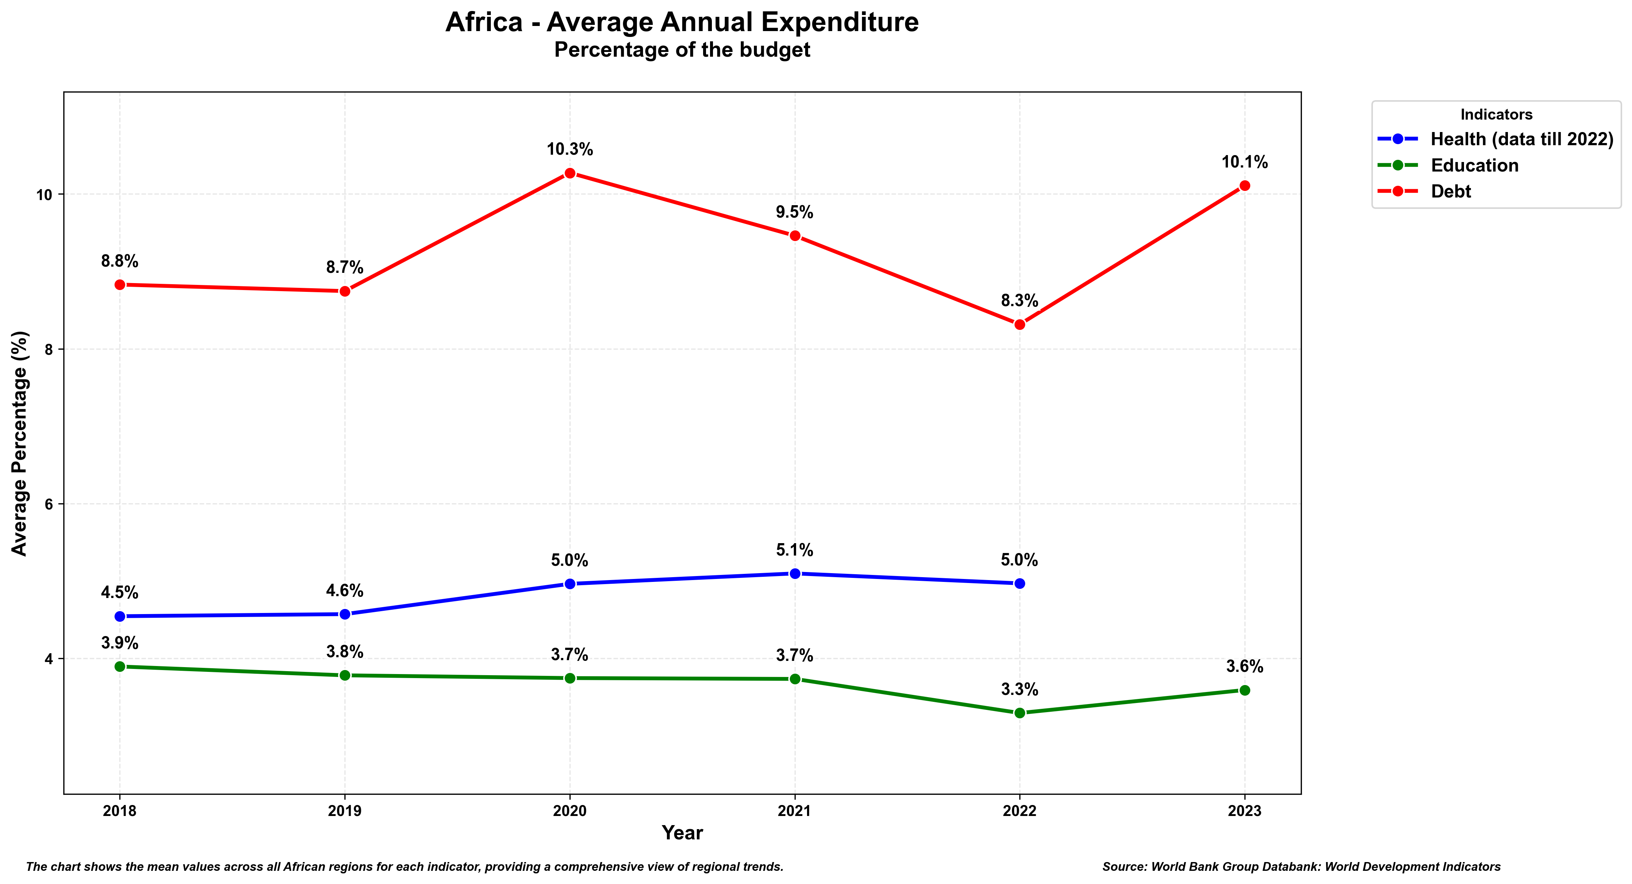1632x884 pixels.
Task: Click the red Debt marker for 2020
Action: pos(569,173)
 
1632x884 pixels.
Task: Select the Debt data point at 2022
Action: pos(1019,324)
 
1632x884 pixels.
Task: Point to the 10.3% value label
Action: pos(569,150)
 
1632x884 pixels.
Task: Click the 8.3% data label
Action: pos(1019,301)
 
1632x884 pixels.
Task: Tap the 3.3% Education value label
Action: pos(1019,689)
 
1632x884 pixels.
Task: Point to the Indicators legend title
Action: pos(1496,114)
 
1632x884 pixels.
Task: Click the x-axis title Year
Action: pos(682,833)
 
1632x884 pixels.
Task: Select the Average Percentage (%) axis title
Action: pos(20,443)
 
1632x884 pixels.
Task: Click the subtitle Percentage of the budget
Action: pos(682,50)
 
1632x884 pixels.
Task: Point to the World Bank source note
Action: pos(1301,866)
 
